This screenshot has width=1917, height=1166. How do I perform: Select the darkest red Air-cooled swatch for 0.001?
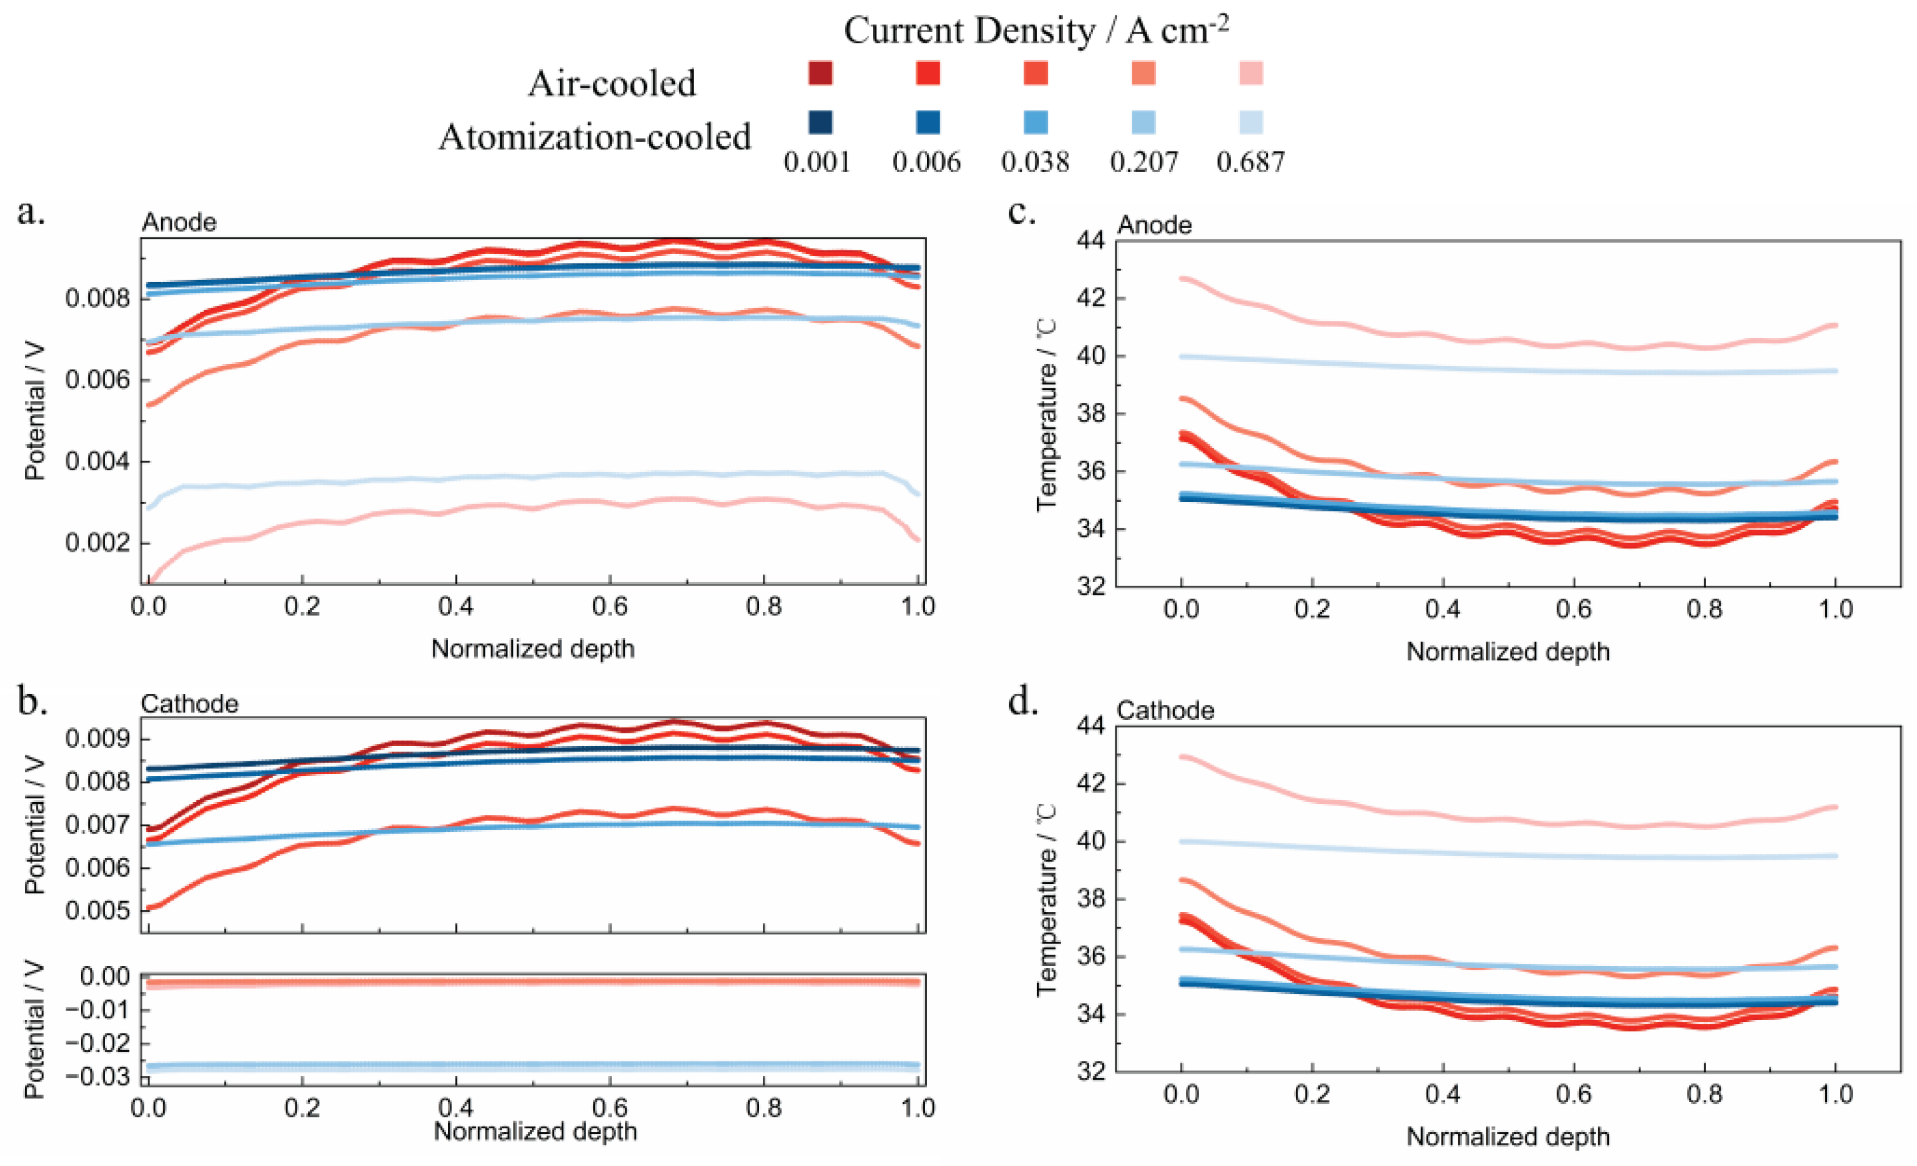point(820,73)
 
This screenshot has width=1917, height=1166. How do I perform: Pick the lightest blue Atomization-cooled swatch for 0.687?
point(1251,122)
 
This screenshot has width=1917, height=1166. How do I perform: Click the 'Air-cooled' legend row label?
point(611,83)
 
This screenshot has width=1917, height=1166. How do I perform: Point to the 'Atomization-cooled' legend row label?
point(594,137)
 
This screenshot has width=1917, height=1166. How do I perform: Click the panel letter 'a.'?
point(31,212)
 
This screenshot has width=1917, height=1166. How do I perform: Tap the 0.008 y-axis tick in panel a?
point(97,299)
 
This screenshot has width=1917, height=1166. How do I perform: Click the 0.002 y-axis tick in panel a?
point(97,543)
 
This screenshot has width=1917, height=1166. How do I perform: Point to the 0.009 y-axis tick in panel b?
point(97,738)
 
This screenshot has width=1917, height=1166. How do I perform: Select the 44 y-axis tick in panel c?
point(1091,241)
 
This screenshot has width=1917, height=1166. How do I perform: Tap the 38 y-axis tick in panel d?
point(1091,899)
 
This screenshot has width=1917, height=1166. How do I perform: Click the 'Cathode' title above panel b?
point(189,704)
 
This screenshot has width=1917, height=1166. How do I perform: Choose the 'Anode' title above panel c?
point(1155,225)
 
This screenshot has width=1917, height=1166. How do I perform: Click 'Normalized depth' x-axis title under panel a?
point(533,649)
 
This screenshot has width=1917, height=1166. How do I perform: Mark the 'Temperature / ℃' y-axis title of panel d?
point(1047,899)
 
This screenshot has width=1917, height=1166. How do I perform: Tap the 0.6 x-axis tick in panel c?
point(1574,609)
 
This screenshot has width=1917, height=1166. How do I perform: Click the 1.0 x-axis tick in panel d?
point(1836,1094)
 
